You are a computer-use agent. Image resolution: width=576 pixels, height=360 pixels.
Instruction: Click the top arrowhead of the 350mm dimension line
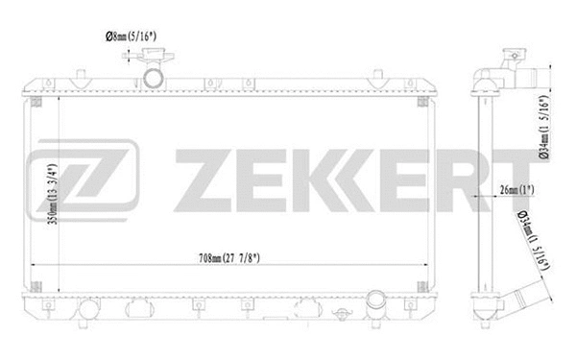[58, 98]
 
